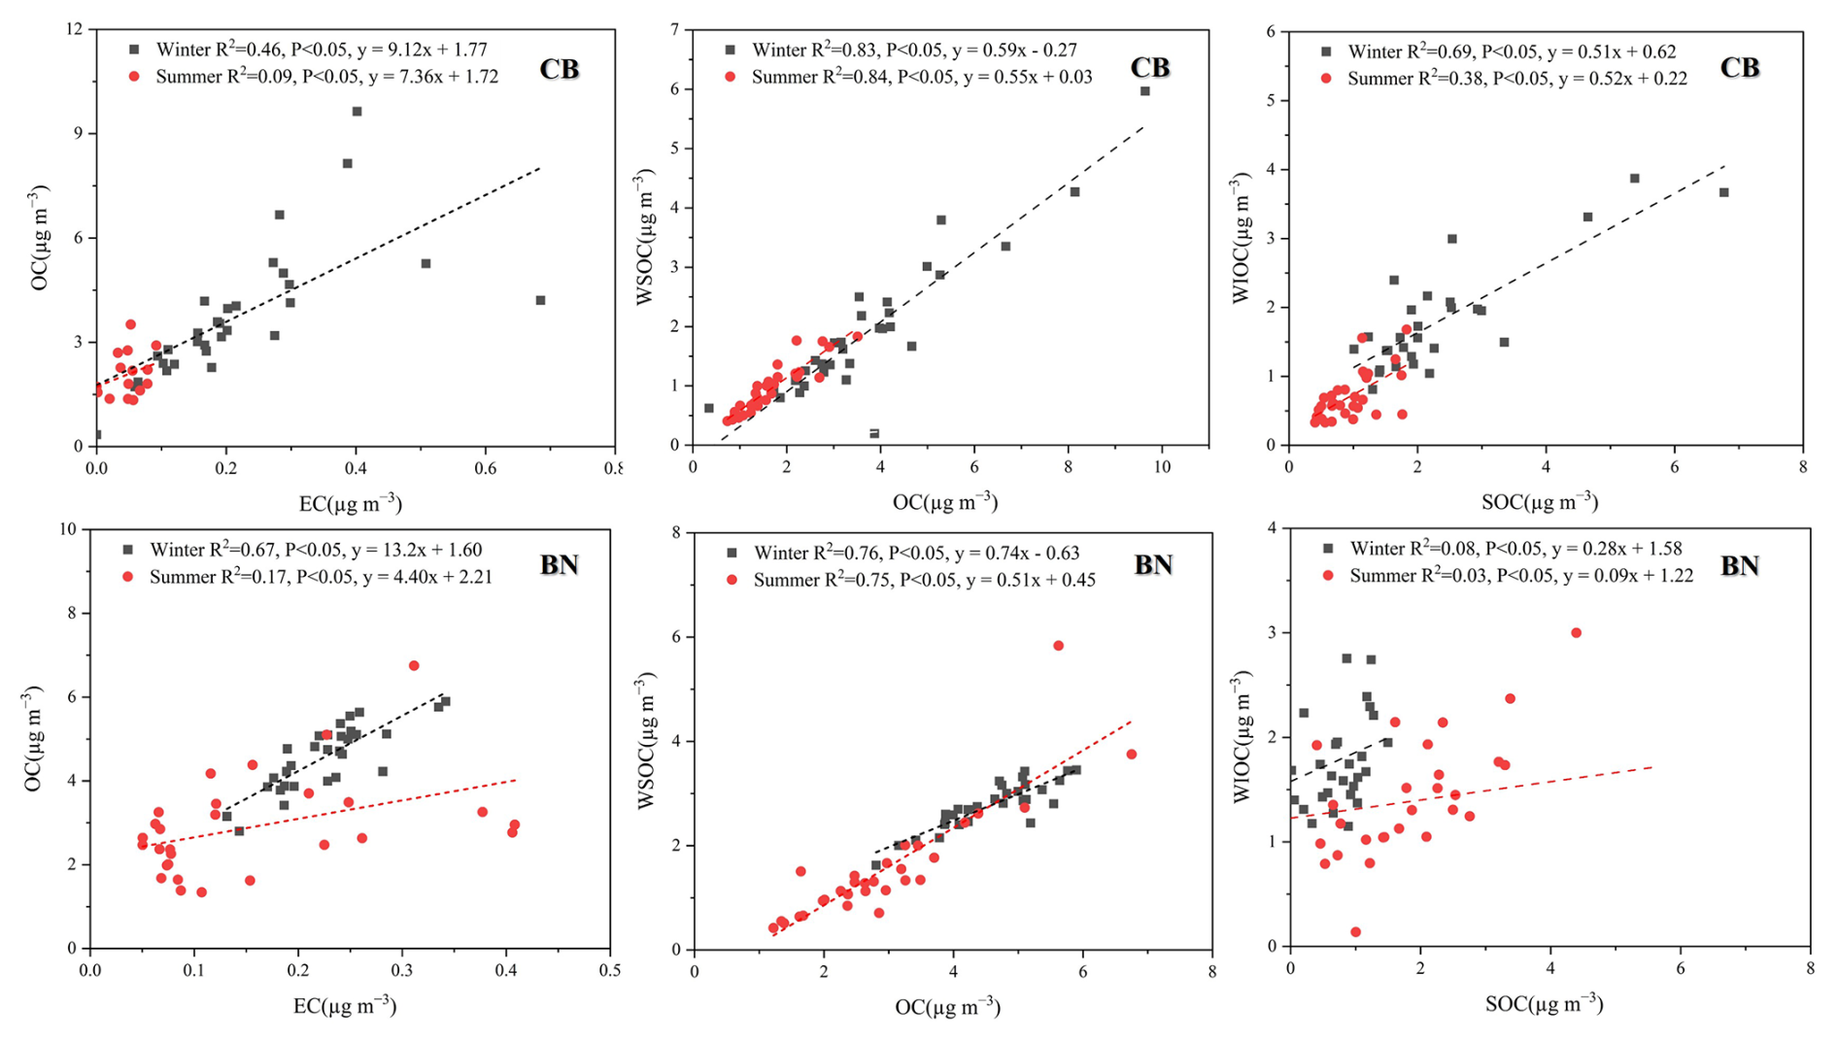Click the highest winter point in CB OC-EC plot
point(357,112)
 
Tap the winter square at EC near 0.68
point(541,301)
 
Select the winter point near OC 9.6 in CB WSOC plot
point(1144,91)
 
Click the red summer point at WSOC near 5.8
point(1058,646)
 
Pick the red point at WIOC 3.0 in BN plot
point(1576,633)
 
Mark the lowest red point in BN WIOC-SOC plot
point(1355,932)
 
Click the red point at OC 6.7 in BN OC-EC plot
point(414,666)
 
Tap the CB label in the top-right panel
point(1739,68)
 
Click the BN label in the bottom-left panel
point(559,564)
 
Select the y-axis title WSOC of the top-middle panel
point(644,237)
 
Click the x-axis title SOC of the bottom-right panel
point(1544,1004)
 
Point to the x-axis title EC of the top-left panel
point(351,503)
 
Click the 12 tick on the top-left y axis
point(75,29)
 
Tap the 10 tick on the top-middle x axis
point(1162,467)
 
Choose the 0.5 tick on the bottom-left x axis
point(610,970)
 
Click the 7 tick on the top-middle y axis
point(672,29)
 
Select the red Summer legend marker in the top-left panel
point(134,76)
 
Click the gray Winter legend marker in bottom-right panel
point(1328,549)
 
